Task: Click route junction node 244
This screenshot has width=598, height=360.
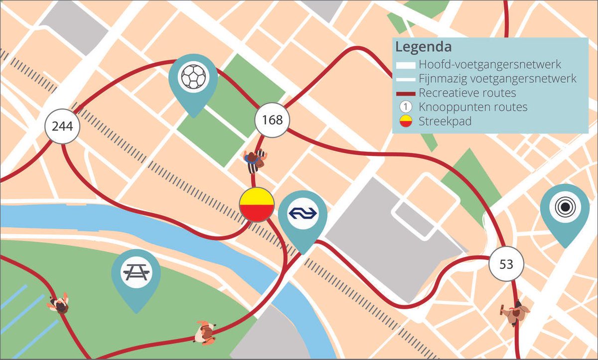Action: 62,126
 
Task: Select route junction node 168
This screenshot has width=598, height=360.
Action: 272,120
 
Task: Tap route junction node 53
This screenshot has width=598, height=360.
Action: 506,264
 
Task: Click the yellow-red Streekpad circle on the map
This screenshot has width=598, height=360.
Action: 257,205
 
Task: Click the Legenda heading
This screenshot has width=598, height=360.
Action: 424,48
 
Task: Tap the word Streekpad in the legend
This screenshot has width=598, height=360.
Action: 445,121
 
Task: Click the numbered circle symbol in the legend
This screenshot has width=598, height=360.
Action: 406,107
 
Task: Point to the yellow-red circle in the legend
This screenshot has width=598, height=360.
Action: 406,121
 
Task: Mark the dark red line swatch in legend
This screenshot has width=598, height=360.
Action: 406,93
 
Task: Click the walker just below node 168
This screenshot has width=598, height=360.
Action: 255,160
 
